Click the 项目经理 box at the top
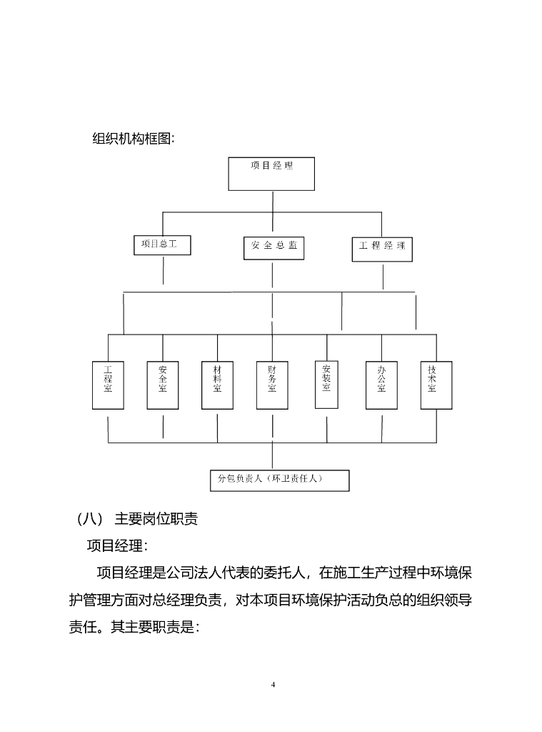(271, 173)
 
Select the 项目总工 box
(162, 244)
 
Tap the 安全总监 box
(273, 247)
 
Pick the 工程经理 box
(382, 247)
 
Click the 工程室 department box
(108, 385)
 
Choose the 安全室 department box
(163, 385)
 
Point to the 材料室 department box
(217, 385)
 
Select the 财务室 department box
(272, 385)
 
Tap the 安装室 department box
(326, 384)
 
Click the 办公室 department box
(381, 385)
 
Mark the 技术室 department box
(436, 385)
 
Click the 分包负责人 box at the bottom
(279, 480)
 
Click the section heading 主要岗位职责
(156, 519)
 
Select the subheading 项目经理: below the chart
(117, 546)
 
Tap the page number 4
(273, 684)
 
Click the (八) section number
(85, 519)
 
